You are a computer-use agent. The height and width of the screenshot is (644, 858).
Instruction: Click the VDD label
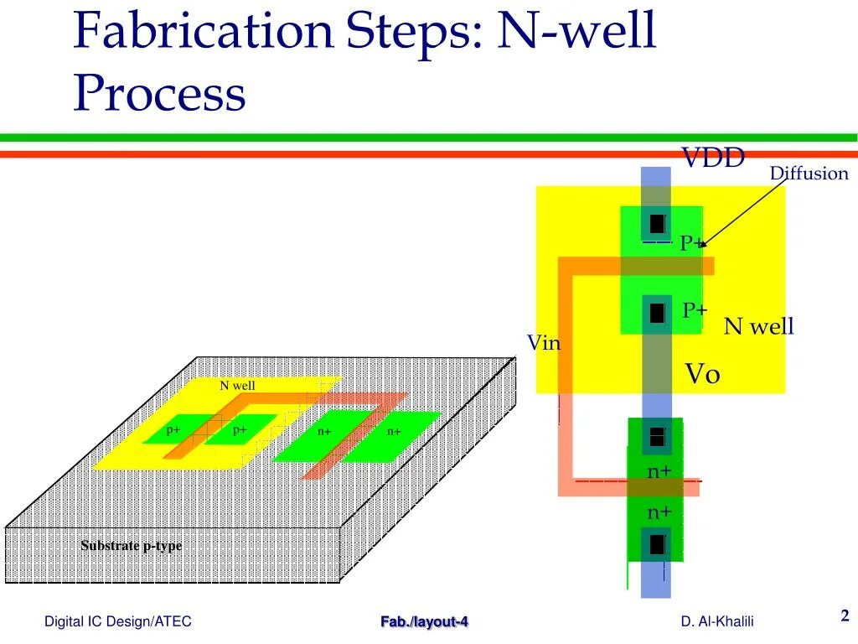click(x=712, y=158)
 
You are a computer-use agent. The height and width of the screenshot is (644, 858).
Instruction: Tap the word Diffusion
click(x=809, y=174)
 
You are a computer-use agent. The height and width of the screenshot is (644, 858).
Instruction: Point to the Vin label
click(x=543, y=343)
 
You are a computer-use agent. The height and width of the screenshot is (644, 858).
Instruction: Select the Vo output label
click(x=703, y=374)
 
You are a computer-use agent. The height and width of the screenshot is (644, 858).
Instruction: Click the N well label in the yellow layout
click(x=758, y=326)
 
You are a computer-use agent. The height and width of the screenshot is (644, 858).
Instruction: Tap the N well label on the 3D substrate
click(x=237, y=386)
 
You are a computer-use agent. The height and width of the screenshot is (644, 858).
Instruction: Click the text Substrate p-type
click(x=132, y=546)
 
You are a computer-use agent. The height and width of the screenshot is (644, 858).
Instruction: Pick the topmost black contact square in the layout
click(x=657, y=224)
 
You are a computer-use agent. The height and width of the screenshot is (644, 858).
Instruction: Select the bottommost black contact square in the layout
click(x=657, y=544)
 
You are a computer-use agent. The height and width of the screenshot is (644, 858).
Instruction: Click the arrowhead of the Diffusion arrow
click(x=702, y=245)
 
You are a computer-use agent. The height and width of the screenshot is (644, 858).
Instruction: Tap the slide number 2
click(x=845, y=616)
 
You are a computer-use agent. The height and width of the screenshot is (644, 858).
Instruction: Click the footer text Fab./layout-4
click(x=425, y=621)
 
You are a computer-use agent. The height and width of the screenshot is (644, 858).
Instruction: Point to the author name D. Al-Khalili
click(x=717, y=621)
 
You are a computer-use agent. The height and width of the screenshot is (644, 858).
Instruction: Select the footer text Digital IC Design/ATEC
click(x=118, y=621)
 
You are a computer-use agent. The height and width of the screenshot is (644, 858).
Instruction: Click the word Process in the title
click(x=159, y=94)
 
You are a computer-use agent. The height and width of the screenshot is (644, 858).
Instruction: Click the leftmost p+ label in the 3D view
click(x=173, y=430)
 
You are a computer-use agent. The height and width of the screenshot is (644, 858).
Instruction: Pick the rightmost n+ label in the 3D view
click(x=394, y=432)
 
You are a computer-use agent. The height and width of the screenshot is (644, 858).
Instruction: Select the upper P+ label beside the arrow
click(x=692, y=243)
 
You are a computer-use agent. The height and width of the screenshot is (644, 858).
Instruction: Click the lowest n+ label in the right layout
click(x=659, y=512)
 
